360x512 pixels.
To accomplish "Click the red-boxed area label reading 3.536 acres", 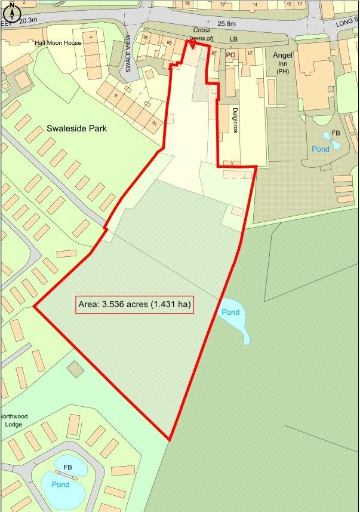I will tap(134, 305).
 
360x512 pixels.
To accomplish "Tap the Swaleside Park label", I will tap(76, 128).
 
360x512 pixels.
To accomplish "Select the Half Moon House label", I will tap(57, 43).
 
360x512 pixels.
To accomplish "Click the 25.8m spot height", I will tap(227, 24).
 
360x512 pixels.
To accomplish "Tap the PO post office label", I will tap(231, 54).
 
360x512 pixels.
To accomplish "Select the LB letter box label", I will tap(233, 39).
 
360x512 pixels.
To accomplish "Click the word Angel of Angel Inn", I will tap(282, 56).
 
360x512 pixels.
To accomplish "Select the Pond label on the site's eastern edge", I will tap(230, 312).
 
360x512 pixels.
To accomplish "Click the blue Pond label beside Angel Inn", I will tap(320, 149).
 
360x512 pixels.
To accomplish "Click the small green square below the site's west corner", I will tap(75, 369).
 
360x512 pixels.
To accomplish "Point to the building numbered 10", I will tap(155, 123).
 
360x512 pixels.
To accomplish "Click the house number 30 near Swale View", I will tap(146, 38).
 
